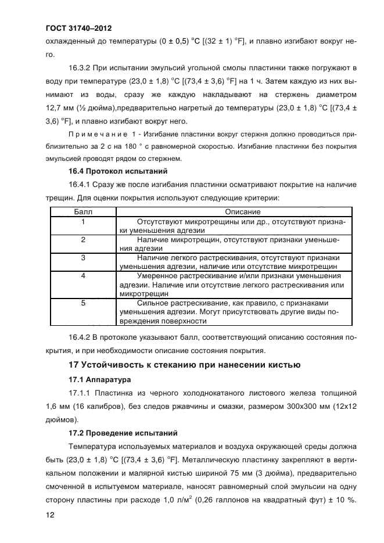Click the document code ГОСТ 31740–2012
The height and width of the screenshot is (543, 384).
click(x=78, y=28)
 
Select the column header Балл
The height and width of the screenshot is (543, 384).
click(x=83, y=213)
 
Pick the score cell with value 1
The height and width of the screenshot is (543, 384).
click(x=83, y=222)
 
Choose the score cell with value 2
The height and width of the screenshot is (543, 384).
click(x=83, y=239)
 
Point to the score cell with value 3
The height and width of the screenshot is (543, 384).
click(x=83, y=257)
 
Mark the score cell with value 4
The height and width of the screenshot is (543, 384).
click(x=83, y=275)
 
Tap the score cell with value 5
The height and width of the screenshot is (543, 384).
click(x=83, y=303)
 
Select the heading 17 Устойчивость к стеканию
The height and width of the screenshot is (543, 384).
click(x=184, y=365)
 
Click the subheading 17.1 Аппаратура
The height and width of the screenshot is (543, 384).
click(x=99, y=379)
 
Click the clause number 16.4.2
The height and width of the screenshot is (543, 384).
click(x=81, y=337)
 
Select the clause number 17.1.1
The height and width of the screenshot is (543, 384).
click(x=81, y=393)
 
